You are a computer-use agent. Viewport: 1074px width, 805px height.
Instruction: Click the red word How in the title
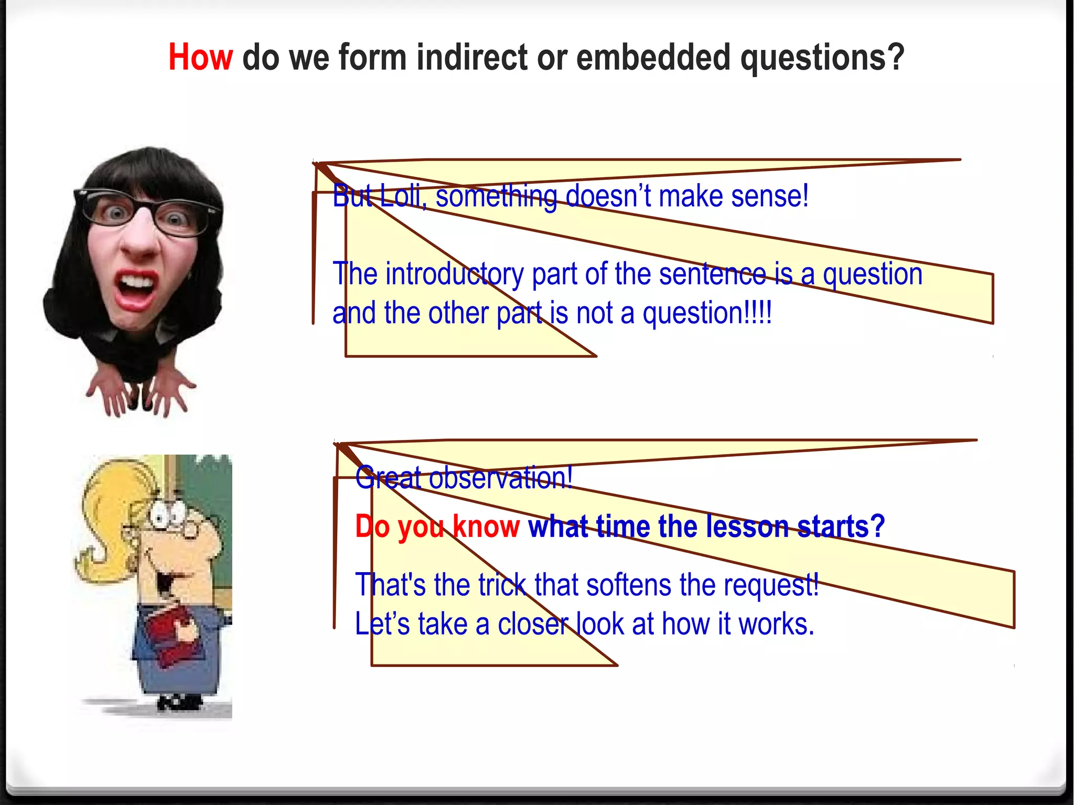tap(200, 57)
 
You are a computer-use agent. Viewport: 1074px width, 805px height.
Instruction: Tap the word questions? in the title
tap(822, 57)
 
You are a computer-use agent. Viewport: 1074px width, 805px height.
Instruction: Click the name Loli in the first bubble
tap(401, 196)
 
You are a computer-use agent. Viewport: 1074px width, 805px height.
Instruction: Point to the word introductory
tap(454, 274)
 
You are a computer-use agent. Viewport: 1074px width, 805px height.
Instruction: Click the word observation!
tap(501, 478)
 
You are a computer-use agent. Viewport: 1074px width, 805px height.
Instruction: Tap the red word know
tap(486, 526)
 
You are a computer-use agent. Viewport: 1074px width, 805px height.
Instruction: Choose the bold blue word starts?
tap(841, 526)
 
